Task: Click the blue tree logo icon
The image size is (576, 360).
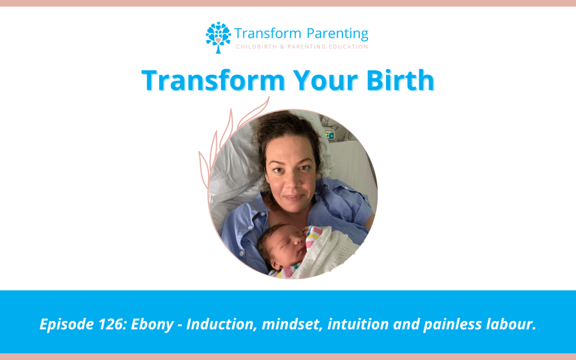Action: coord(218,37)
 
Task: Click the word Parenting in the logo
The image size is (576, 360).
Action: coord(337,34)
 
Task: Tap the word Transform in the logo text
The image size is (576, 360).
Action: coord(267,34)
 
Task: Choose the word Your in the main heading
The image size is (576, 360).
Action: coord(325,81)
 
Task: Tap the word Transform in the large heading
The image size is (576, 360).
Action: coord(213,81)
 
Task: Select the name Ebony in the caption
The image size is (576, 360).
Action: coord(152,325)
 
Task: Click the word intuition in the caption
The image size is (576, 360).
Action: coord(358,324)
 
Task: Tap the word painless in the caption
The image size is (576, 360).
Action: coord(452,325)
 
